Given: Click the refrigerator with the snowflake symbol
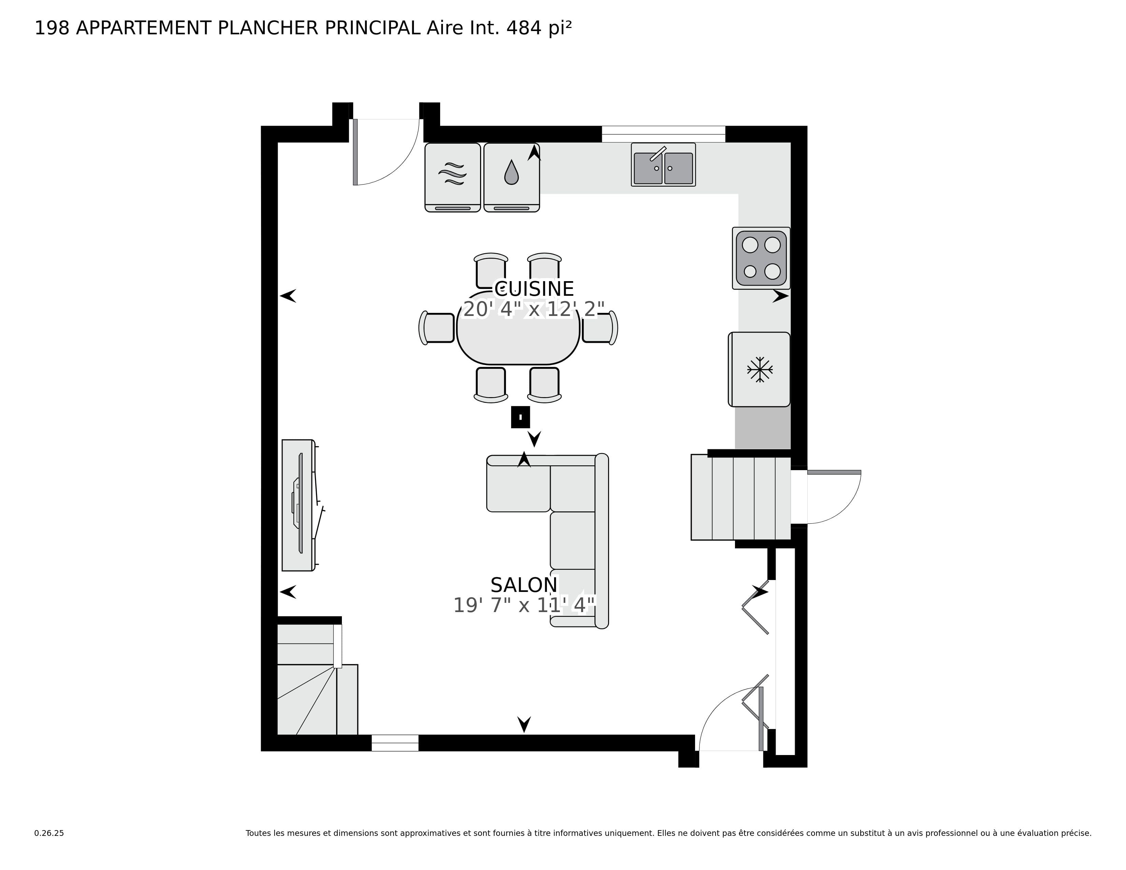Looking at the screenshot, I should click(x=759, y=369).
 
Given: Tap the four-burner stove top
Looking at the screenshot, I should click(x=761, y=258).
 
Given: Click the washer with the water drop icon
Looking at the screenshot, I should click(x=511, y=177).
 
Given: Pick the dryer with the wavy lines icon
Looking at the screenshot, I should click(x=452, y=177).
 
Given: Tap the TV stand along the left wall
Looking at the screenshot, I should click(x=298, y=505).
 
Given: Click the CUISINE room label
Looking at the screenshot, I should click(x=534, y=289).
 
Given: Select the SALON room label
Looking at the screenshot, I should click(x=524, y=585).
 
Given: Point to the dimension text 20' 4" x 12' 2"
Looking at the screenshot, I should click(x=534, y=309).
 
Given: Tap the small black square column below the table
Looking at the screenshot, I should click(x=520, y=417).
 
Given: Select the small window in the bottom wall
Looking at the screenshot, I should click(x=395, y=743).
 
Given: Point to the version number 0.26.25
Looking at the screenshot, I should click(x=49, y=833).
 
